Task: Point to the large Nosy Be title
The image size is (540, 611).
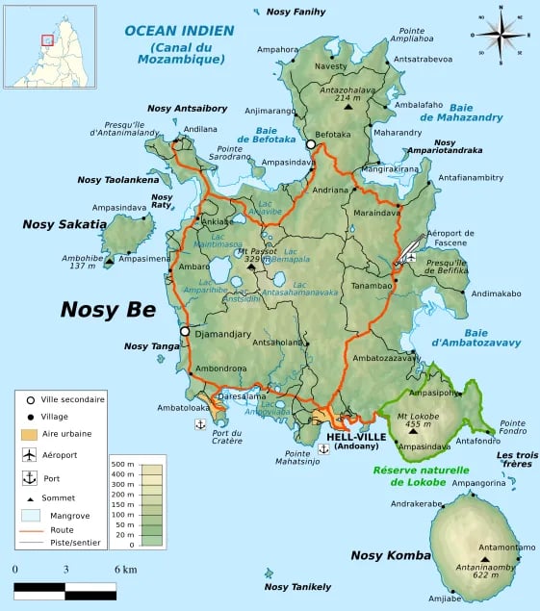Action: tap(107, 309)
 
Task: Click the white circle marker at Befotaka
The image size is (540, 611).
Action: tap(310, 144)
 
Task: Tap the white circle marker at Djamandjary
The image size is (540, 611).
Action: tap(184, 332)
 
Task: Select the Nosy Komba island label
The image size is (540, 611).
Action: tap(387, 555)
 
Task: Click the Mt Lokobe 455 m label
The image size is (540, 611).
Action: tap(416, 420)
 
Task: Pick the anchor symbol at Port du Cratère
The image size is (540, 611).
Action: tap(200, 423)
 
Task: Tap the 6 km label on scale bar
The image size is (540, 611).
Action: tap(125, 569)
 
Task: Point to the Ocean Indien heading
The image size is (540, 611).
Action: tap(179, 31)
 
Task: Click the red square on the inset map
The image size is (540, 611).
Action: tap(46, 39)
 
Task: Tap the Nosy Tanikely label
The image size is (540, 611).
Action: tap(297, 587)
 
